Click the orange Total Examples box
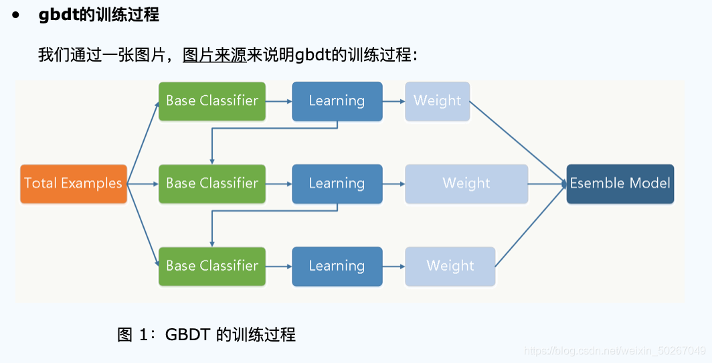click(x=74, y=184)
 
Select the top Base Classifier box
click(x=212, y=101)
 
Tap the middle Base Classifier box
click(x=212, y=184)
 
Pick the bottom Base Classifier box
click(x=212, y=266)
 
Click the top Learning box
click(x=337, y=101)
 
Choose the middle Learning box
click(x=337, y=184)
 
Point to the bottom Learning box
click(x=337, y=266)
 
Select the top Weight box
click(x=437, y=101)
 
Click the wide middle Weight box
click(x=466, y=184)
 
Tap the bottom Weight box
click(x=450, y=266)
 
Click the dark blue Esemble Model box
click(x=620, y=184)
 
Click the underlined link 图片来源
click(x=215, y=55)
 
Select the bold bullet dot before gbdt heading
click(x=16, y=15)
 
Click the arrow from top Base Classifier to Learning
click(x=279, y=101)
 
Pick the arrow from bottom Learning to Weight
click(x=393, y=266)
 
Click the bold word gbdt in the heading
click(x=60, y=15)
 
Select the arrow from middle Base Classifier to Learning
click(x=279, y=184)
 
